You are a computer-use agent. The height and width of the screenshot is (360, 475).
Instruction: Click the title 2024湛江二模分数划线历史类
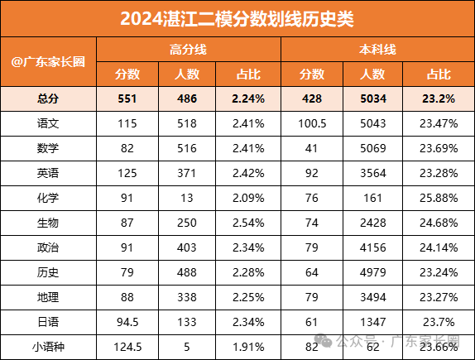click(x=237, y=18)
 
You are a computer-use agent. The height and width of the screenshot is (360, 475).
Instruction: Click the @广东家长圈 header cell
click(x=49, y=62)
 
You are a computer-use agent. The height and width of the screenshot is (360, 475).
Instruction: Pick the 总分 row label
click(x=49, y=98)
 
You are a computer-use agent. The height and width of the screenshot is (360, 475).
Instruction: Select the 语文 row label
click(x=49, y=123)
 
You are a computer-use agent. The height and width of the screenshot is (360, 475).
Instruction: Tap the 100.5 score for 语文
click(x=313, y=123)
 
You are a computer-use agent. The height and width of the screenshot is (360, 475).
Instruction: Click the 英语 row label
click(x=49, y=173)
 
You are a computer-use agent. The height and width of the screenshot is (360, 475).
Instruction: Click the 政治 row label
click(x=49, y=247)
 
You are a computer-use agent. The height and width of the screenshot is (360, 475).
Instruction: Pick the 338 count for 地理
click(x=189, y=296)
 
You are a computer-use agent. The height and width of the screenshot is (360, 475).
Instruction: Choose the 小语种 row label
click(x=49, y=346)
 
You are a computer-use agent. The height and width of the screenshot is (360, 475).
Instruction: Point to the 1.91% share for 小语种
click(x=248, y=346)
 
